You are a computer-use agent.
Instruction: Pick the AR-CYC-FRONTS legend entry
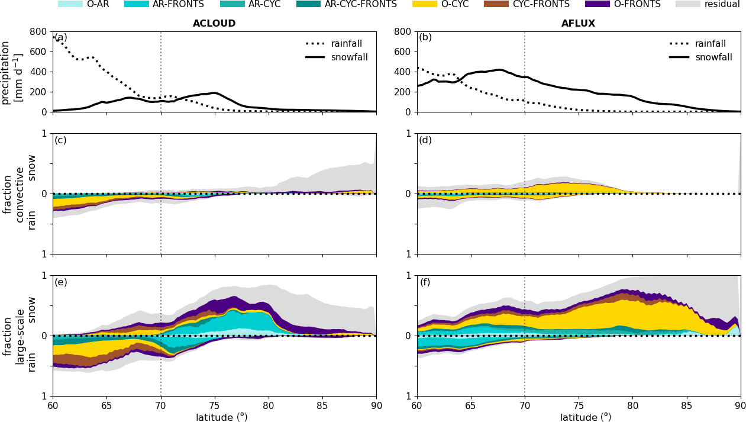pos(360,4)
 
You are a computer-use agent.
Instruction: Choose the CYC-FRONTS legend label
pos(541,4)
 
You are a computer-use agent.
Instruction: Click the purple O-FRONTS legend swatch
pos(597,4)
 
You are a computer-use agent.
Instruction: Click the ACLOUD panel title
pos(214,24)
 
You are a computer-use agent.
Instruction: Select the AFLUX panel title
pos(578,24)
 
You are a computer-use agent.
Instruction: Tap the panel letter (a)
pos(60,37)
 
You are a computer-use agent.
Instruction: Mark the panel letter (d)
pos(425,140)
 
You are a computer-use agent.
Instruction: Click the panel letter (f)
pos(425,282)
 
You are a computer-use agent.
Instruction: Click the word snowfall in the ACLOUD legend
pos(349,57)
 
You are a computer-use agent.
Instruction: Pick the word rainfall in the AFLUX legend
pos(710,44)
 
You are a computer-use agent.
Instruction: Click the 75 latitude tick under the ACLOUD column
pos(214,405)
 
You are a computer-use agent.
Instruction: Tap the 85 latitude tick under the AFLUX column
pos(686,405)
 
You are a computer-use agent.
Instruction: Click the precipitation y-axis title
pos(12,72)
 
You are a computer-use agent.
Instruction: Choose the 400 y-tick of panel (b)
pos(403,72)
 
